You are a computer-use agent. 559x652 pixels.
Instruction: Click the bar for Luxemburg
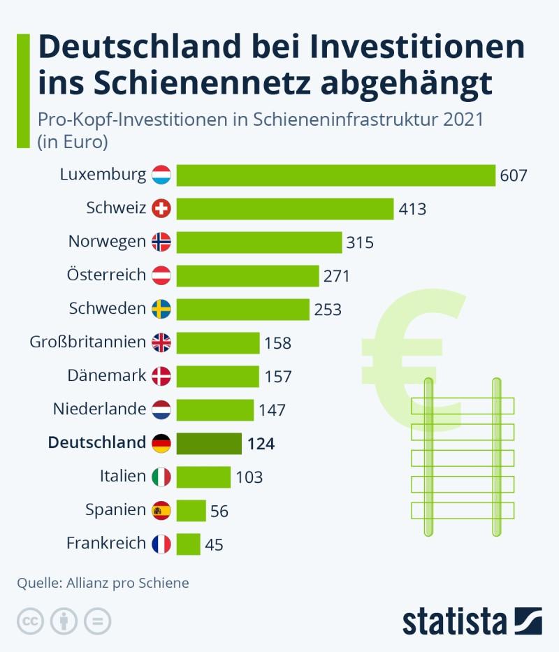pyautogui.click(x=335, y=175)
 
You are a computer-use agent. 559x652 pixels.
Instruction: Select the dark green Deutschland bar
pyautogui.click(x=209, y=443)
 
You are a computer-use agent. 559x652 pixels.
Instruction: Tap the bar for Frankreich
pyautogui.click(x=189, y=544)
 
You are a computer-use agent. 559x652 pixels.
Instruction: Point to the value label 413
pyautogui.click(x=412, y=209)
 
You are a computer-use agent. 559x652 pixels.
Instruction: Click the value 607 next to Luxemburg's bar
pyautogui.click(x=513, y=175)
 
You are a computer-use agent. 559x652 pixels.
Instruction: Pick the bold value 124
pyautogui.click(x=261, y=444)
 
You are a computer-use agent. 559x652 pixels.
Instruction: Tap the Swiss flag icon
pyautogui.click(x=161, y=208)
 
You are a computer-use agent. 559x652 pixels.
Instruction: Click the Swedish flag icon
pyautogui.click(x=161, y=309)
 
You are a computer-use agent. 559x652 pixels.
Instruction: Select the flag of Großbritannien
pyautogui.click(x=161, y=342)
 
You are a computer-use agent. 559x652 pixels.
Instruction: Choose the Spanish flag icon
pyautogui.click(x=161, y=510)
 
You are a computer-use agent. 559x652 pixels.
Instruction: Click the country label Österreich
pyautogui.click(x=107, y=275)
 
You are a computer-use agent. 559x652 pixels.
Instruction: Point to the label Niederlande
pyautogui.click(x=99, y=409)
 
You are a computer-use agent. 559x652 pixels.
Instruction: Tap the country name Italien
pyautogui.click(x=123, y=476)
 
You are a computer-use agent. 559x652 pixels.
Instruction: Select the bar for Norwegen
pyautogui.click(x=259, y=242)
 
